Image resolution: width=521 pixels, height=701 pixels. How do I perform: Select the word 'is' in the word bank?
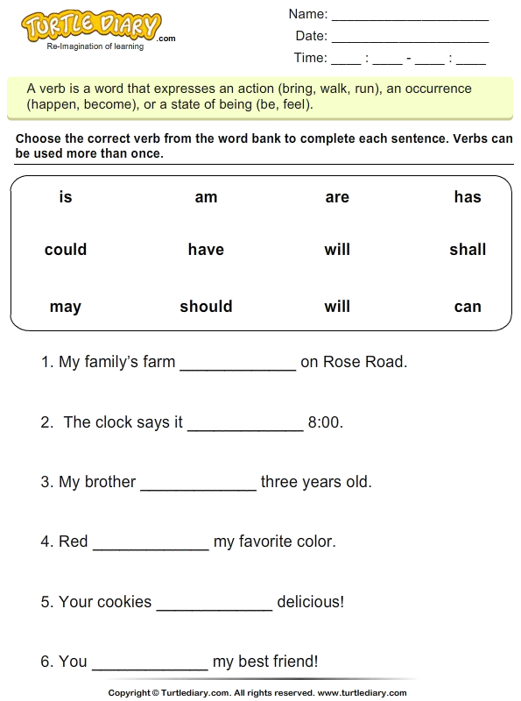tap(66, 197)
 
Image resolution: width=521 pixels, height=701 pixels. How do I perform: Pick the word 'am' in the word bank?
tap(206, 197)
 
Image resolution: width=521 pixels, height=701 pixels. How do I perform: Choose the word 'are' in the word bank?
tap(337, 197)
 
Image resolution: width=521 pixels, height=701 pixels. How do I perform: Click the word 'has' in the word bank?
tap(468, 197)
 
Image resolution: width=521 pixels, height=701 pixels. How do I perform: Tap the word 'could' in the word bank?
tap(66, 250)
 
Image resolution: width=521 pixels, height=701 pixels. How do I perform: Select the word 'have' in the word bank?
tap(206, 250)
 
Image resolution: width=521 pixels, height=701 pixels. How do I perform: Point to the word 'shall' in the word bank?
tap(468, 250)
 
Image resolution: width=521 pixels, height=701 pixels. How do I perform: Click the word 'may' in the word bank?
tap(66, 307)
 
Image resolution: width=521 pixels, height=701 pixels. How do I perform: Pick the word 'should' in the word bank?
tap(206, 307)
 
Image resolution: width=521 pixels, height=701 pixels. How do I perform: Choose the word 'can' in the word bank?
tap(468, 307)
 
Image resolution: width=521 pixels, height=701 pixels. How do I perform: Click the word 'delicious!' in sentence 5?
tap(311, 602)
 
